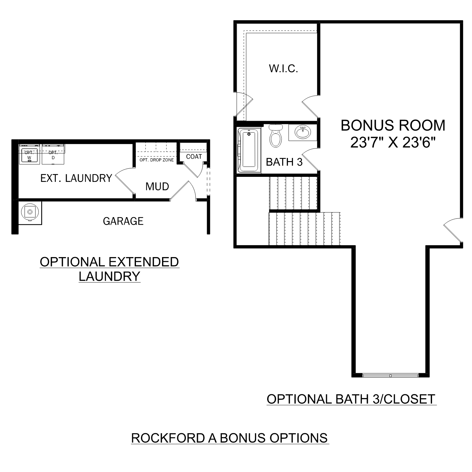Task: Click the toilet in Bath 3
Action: [x=276, y=138]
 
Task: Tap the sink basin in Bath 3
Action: [x=303, y=132]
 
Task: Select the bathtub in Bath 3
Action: [x=249, y=150]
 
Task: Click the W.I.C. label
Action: [x=283, y=69]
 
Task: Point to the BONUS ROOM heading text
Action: [x=393, y=125]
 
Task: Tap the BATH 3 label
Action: [x=284, y=162]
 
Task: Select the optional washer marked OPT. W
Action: [x=29, y=155]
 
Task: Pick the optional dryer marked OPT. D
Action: [x=53, y=155]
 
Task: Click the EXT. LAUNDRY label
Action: [x=76, y=178]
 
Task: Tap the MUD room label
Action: [x=157, y=187]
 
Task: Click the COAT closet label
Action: [x=194, y=156]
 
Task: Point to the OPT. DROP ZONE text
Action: [x=156, y=160]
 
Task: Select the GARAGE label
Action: [x=123, y=221]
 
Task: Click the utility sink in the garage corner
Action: [x=30, y=212]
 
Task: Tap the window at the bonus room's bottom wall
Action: [x=390, y=375]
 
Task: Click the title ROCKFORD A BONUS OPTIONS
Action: [x=229, y=438]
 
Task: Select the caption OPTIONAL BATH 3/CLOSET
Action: [x=351, y=399]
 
